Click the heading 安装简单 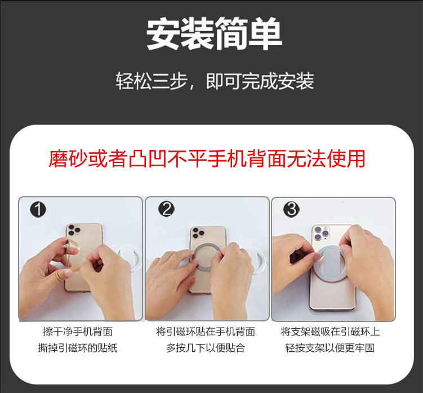[214, 33]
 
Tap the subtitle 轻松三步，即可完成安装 [215, 81]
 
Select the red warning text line [207, 158]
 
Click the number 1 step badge [38, 210]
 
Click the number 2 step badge [167, 209]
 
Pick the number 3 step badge [292, 209]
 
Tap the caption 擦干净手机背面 [78, 332]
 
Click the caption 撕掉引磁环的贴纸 [78, 348]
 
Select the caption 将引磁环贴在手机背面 [206, 332]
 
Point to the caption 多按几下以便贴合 [206, 348]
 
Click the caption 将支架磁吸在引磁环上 [330, 332]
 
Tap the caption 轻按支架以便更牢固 [330, 348]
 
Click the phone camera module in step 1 [73, 230]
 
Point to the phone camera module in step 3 [322, 233]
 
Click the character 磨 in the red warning [59, 158]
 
